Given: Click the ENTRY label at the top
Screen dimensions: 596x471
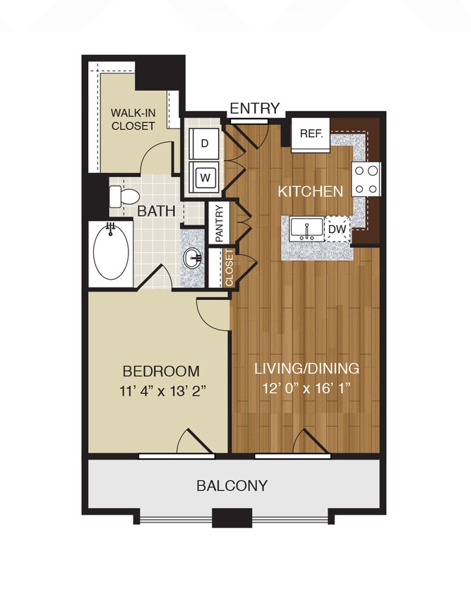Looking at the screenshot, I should click(255, 108).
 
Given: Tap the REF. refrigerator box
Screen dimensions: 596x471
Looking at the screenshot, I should click(311, 134).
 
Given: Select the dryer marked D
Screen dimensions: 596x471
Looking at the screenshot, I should click(205, 143).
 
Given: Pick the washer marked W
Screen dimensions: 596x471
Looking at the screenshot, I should click(205, 177).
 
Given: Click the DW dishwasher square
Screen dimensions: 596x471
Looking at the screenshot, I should click(338, 228).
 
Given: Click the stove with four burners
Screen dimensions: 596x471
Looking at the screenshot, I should click(366, 179).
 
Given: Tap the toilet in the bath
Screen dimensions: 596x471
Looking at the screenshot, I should click(122, 196).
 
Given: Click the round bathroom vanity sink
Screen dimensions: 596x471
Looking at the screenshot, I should click(193, 258).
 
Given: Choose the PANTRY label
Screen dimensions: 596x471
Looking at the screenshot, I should click(219, 223).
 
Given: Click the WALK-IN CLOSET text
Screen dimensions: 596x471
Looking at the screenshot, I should click(132, 119).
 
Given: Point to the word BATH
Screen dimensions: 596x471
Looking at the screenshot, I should click(152, 211).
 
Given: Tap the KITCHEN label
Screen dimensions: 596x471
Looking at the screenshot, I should click(310, 191).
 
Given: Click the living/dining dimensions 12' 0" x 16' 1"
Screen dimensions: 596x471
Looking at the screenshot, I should click(306, 388).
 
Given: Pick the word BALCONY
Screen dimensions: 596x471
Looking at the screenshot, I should click(232, 486).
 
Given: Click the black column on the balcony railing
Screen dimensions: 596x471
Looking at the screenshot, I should click(232, 518).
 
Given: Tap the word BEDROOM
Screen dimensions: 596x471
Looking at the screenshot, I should click(161, 371).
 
